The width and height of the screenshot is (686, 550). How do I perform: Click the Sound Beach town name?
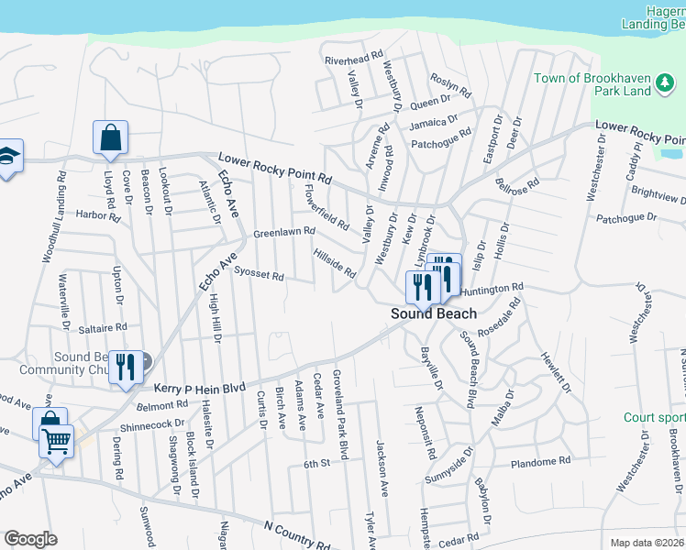click(x=434, y=313)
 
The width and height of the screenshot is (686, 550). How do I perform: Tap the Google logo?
click(x=30, y=539)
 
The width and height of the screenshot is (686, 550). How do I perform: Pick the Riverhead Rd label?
click(x=353, y=59)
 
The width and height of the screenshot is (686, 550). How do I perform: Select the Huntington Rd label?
click(x=492, y=289)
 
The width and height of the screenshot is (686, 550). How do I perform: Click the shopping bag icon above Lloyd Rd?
click(x=110, y=138)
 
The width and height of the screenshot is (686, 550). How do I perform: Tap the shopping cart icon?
click(x=57, y=443)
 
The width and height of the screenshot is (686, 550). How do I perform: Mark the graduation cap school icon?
click(x=7, y=156)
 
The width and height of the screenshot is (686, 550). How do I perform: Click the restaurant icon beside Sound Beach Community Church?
click(x=124, y=366)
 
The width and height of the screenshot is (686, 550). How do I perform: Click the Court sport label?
click(x=655, y=417)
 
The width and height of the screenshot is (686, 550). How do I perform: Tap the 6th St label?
click(x=317, y=465)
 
